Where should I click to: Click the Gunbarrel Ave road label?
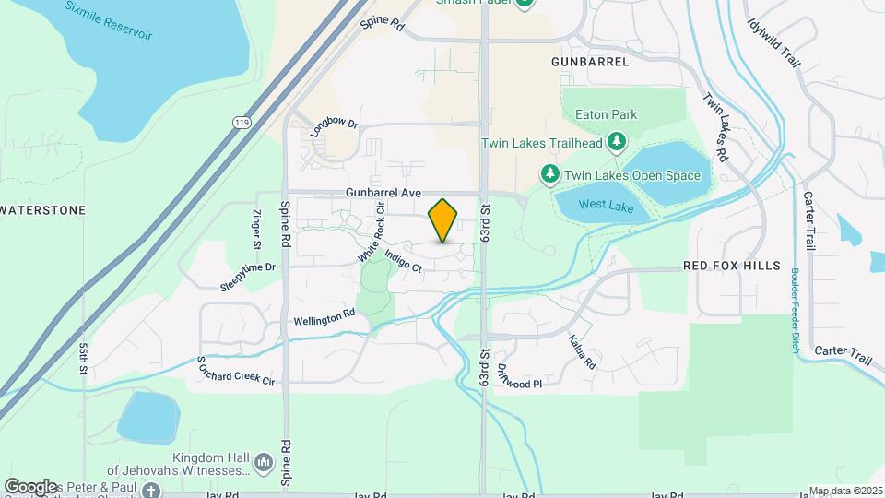click(383, 193)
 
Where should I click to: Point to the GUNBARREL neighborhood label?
click(590, 62)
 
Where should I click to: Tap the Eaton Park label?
click(606, 115)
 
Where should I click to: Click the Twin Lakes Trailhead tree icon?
click(617, 142)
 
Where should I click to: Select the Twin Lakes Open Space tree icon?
click(549, 173)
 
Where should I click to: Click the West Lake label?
click(606, 207)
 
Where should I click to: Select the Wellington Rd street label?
click(324, 317)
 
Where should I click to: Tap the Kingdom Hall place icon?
click(264, 460)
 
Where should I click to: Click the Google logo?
click(31, 486)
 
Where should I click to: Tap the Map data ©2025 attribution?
click(844, 491)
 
